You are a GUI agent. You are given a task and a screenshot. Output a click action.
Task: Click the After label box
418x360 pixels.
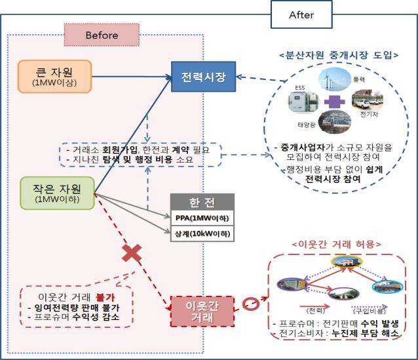[301, 14]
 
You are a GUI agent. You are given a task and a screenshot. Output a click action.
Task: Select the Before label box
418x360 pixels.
[102, 35]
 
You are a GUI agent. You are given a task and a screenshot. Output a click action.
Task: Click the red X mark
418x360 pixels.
[132, 252]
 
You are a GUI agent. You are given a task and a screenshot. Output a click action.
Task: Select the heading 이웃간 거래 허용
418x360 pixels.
[337, 245]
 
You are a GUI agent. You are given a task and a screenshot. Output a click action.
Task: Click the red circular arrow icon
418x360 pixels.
[250, 304]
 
